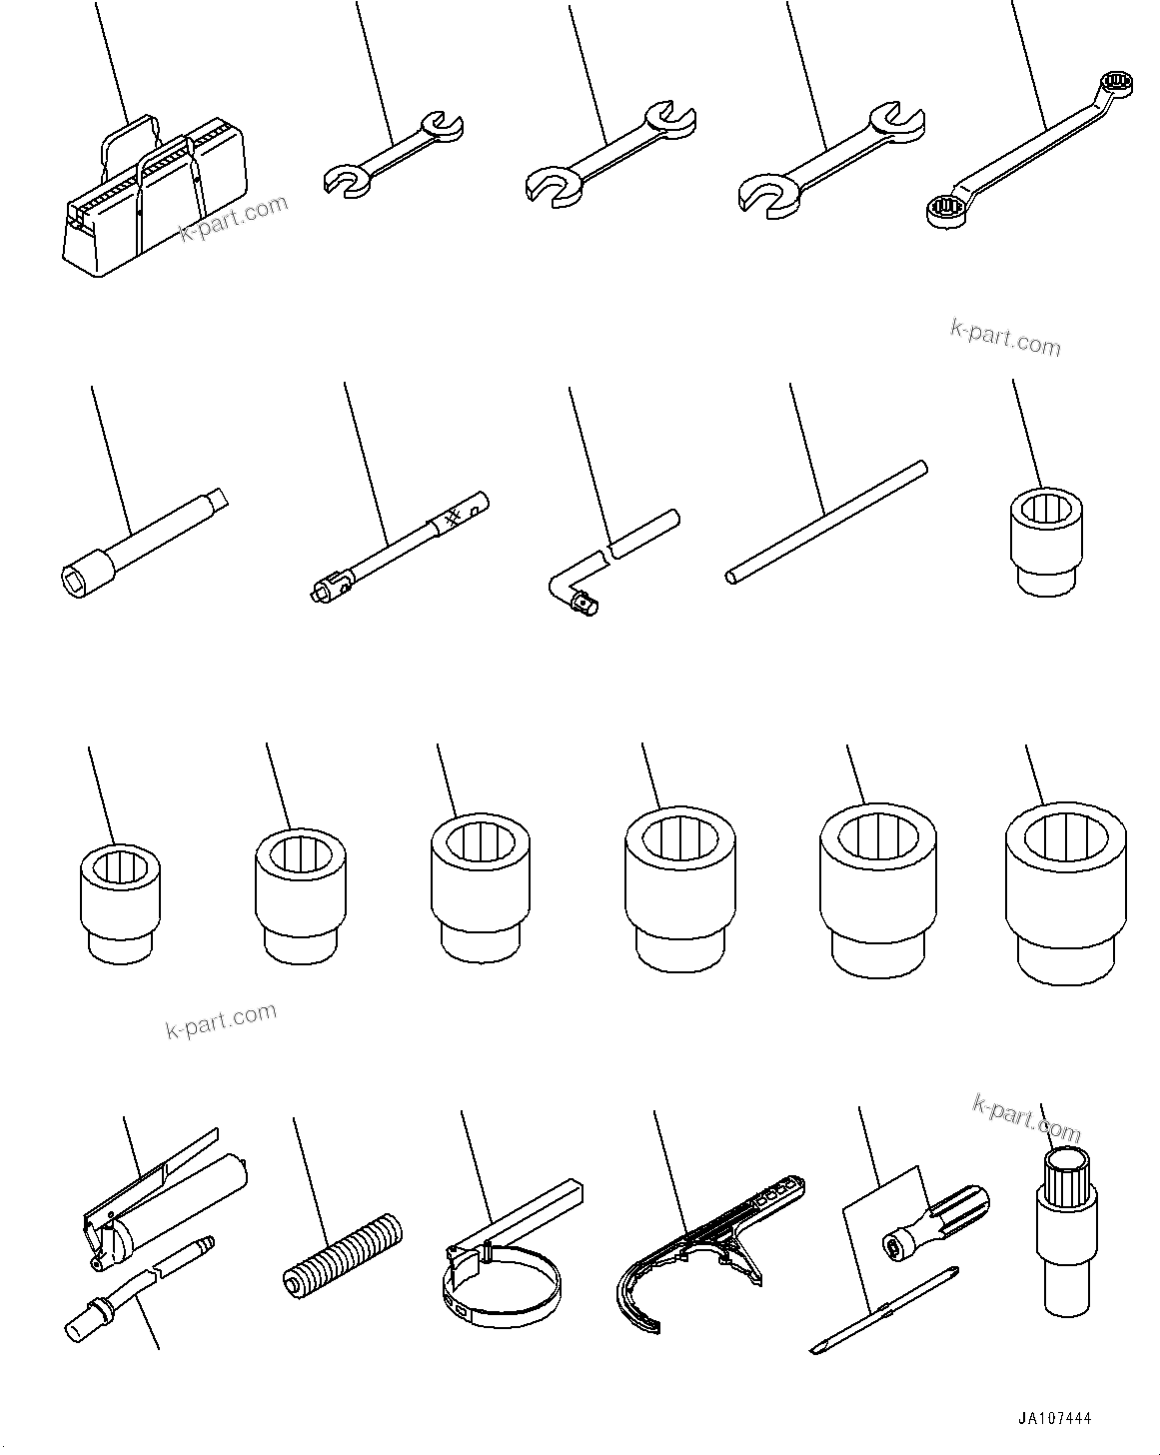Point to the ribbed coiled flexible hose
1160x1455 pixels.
[x=340, y=1243]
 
